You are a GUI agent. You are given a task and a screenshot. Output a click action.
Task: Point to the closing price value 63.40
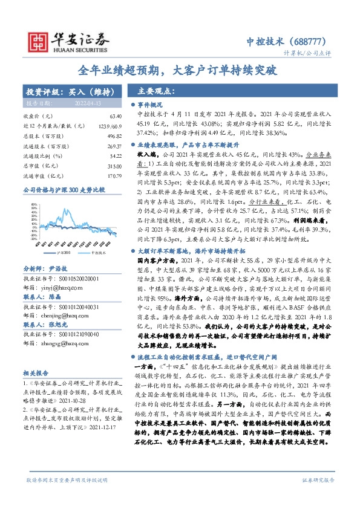tap(115, 115)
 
